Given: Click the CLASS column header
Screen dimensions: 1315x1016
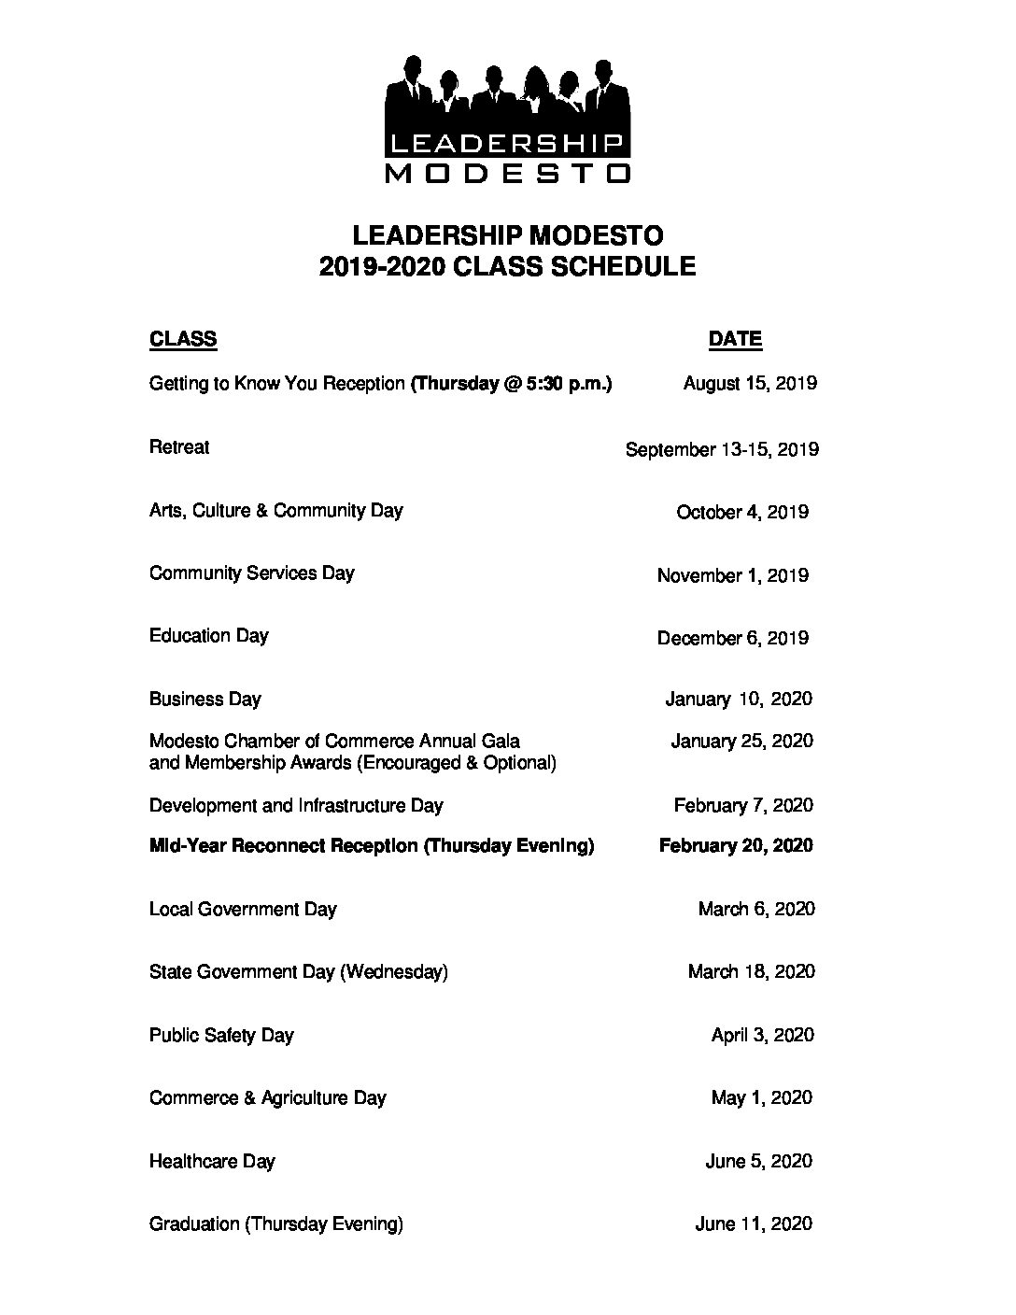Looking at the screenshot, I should (x=183, y=339).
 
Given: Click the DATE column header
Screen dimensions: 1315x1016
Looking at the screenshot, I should (x=735, y=339).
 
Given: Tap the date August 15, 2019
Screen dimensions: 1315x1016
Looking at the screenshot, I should (x=750, y=383).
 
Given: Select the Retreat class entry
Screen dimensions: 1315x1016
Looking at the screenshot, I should (x=179, y=447).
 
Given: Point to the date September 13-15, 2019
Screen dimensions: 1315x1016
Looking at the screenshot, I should (x=722, y=449).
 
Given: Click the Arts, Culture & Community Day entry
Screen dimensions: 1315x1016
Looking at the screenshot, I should (x=275, y=511).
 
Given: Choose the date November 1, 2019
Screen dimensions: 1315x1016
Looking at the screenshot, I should (x=732, y=575).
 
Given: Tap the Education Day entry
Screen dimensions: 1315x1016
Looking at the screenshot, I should (x=208, y=636).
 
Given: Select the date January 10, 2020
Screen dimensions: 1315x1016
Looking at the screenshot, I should (x=739, y=699).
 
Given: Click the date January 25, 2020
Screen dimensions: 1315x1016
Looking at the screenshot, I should (x=741, y=741).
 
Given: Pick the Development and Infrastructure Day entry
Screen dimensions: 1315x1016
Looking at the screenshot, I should (x=296, y=805).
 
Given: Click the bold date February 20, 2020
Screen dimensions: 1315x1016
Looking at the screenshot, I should (x=736, y=845).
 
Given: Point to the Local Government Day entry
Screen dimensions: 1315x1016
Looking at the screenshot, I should (x=243, y=909).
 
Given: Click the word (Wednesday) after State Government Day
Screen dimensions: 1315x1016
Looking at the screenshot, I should (x=393, y=972).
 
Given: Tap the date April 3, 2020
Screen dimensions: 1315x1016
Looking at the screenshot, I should (x=762, y=1035).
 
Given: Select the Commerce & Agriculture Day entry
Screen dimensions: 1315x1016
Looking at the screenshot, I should (x=267, y=1098).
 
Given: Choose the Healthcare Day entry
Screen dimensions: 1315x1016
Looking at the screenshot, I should (x=212, y=1162).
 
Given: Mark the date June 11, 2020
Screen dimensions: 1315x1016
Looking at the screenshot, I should (x=754, y=1223).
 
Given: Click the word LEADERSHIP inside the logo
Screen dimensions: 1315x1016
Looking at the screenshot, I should (x=507, y=143).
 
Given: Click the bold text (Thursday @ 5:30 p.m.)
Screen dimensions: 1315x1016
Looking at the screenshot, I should (x=512, y=383).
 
